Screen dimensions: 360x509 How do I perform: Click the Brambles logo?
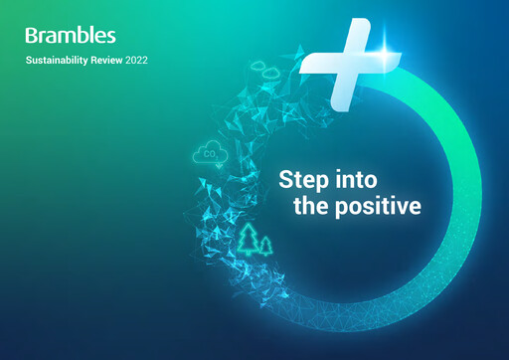tap(71, 36)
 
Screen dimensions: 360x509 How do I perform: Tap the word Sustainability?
tap(61, 62)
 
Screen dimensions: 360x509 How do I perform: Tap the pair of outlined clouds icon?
tap(266, 72)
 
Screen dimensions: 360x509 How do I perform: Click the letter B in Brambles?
tap(32, 36)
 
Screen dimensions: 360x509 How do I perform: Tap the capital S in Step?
tap(285, 181)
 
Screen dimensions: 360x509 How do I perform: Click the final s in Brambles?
tap(110, 37)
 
